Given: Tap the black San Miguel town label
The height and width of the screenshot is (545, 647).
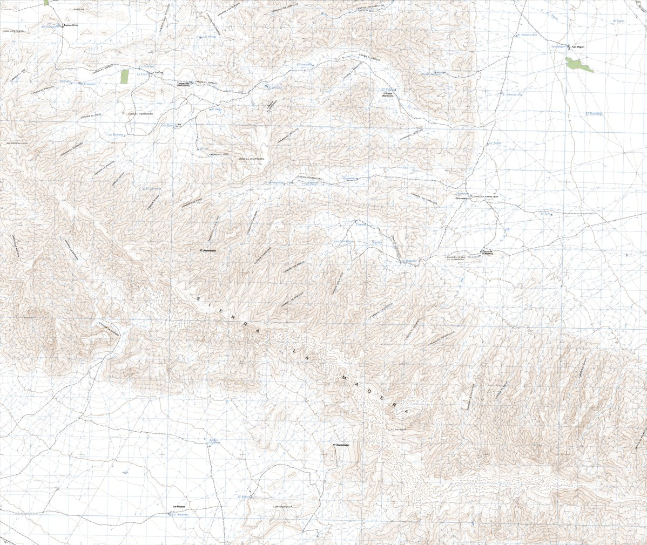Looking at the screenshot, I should pyautogui.click(x=578, y=46).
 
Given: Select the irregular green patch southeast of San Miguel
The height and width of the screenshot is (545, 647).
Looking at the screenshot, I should pyautogui.click(x=579, y=65).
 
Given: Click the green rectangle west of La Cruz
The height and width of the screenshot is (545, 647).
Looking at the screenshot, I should pyautogui.click(x=125, y=76).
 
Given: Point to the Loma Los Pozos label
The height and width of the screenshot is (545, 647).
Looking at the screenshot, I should pyautogui.click(x=14, y=31).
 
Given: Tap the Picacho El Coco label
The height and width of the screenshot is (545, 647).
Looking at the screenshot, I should pyautogui.click(x=17, y=143).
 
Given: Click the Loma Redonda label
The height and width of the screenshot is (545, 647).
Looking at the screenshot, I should pyautogui.click(x=282, y=507).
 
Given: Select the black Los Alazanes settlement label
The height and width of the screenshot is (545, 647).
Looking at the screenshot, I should pyautogui.click(x=179, y=506).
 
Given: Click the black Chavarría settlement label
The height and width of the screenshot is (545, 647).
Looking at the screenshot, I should pyautogui.click(x=461, y=199).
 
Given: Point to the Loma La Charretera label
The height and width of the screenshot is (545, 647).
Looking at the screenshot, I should pyautogui.click(x=486, y=196).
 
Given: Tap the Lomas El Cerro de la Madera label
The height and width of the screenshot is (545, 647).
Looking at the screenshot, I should pyautogui.click(x=452, y=258).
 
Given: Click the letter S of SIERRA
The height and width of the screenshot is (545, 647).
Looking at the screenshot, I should pyautogui.click(x=199, y=298).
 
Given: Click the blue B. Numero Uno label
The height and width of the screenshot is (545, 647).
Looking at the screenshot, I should pyautogui.click(x=513, y=94).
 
